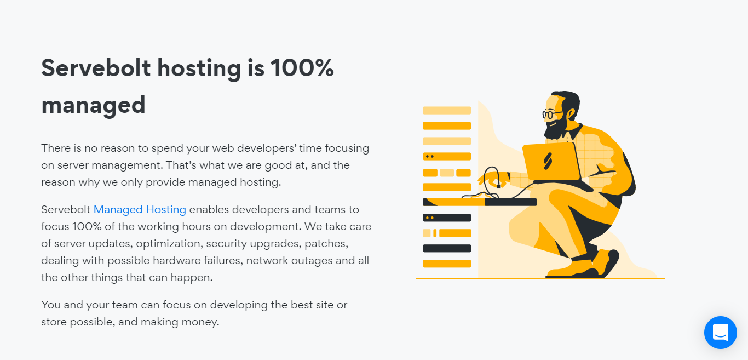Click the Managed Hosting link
pos(140,209)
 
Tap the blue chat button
pos(720,333)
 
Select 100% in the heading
pos(302,68)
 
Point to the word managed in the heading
pos(93,106)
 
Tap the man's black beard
pos(555,129)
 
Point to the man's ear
pos(571,114)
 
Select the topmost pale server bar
pos(447,110)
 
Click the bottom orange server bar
pos(447,264)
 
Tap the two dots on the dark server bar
pos(430,218)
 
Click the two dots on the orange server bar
pos(430,156)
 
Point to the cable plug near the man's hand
pos(499,186)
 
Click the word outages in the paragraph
pos(312,261)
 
